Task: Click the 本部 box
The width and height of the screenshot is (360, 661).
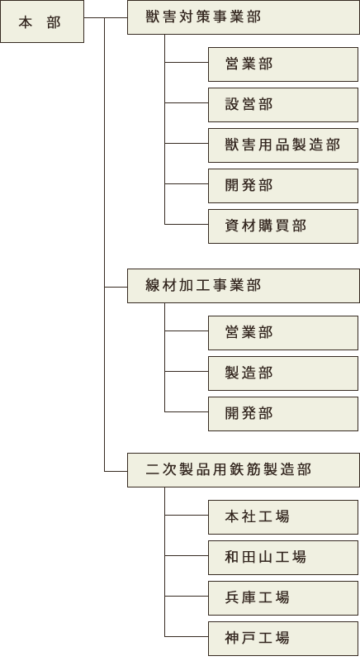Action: tap(42, 21)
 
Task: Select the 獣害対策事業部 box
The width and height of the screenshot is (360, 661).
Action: tap(244, 17)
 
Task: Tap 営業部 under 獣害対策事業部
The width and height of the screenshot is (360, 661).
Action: tap(283, 64)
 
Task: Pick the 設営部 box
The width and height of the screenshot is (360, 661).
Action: tap(283, 105)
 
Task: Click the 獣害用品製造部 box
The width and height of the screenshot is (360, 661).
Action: tap(283, 145)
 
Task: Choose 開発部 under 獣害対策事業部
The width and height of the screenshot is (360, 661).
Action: tap(283, 186)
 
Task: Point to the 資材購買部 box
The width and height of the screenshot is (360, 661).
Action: tap(283, 226)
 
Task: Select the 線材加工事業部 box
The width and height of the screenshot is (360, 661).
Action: tap(244, 286)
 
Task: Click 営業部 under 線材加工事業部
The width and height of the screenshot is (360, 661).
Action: tap(283, 333)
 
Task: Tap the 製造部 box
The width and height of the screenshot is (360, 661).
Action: tap(283, 373)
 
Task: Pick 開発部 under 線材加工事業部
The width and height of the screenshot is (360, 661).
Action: tap(283, 414)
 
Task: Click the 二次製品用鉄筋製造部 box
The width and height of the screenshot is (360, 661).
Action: tap(244, 470)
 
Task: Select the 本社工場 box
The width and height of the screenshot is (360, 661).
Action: tap(283, 517)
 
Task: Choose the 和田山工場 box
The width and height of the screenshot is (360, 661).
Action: tap(283, 558)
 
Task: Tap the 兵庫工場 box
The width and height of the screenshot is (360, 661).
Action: tap(283, 598)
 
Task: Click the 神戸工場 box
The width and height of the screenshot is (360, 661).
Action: tap(283, 639)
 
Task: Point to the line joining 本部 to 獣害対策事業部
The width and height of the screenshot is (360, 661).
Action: tap(106, 17)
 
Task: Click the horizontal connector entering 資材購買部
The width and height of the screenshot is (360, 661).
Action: tap(187, 224)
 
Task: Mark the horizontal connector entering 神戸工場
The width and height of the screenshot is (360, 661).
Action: tap(187, 636)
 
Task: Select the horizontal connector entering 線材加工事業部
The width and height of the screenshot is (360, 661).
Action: tap(116, 287)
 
